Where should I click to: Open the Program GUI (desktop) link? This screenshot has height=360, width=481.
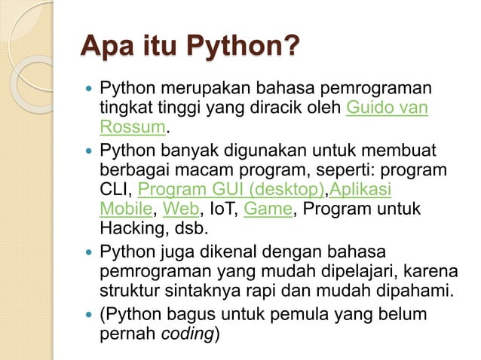point(231,188)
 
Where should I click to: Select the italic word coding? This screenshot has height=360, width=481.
point(188,332)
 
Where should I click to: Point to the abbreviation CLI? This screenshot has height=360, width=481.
point(115,188)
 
